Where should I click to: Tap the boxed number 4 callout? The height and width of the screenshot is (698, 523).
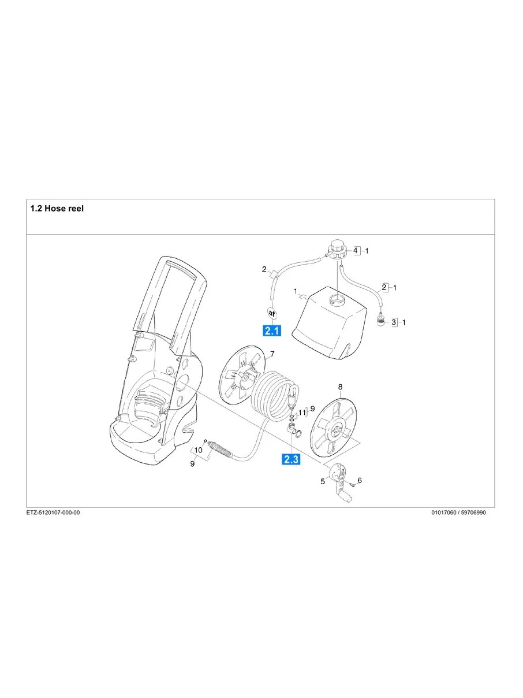[356, 251]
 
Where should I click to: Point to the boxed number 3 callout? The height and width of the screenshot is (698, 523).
[395, 322]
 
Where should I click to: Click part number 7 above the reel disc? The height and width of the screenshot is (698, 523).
[272, 353]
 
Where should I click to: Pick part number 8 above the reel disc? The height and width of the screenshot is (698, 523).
[340, 386]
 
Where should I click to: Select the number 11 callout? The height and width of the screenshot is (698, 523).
[301, 413]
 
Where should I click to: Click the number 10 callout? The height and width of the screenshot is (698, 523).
[198, 450]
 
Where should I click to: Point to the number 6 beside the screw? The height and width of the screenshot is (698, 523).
[360, 480]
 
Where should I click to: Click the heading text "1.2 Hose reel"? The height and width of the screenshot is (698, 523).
[57, 208]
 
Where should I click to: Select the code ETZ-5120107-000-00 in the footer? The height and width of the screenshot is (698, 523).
[53, 513]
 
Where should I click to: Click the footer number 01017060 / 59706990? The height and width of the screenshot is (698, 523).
[459, 513]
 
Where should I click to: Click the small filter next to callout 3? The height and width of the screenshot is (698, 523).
[381, 320]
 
